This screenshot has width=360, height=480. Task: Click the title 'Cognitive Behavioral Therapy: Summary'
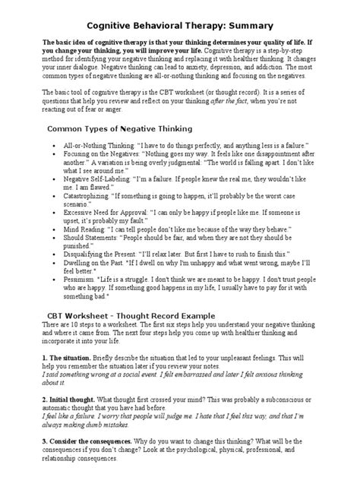tap(179, 26)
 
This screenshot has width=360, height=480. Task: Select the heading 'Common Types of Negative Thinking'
tap(120, 129)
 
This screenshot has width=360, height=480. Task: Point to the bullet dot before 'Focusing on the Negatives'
tap(49, 154)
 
